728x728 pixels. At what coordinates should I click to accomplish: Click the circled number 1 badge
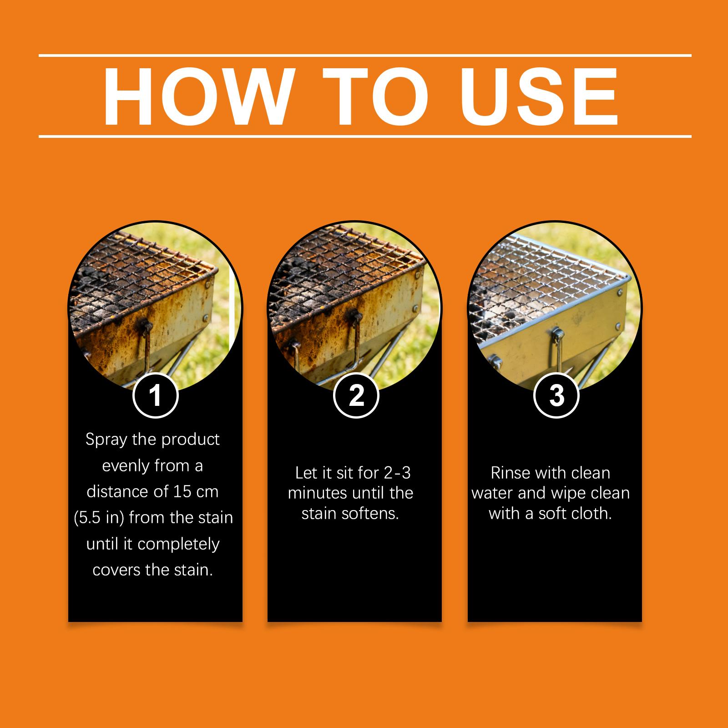(155, 395)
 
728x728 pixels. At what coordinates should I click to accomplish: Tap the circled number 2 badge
(356, 395)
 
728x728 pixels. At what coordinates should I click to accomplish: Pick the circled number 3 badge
(556, 395)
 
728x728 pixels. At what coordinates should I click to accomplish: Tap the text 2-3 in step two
(397, 473)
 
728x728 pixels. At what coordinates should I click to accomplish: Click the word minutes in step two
(318, 493)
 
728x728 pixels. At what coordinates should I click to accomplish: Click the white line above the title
(365, 56)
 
